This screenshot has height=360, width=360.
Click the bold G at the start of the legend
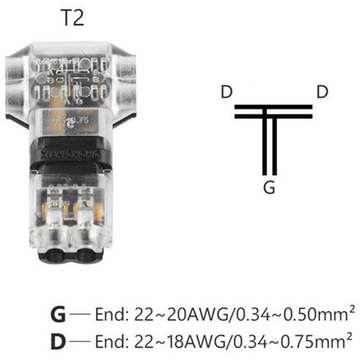point(58,314)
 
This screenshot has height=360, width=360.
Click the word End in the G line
point(112,314)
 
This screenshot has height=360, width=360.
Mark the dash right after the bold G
point(81,315)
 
